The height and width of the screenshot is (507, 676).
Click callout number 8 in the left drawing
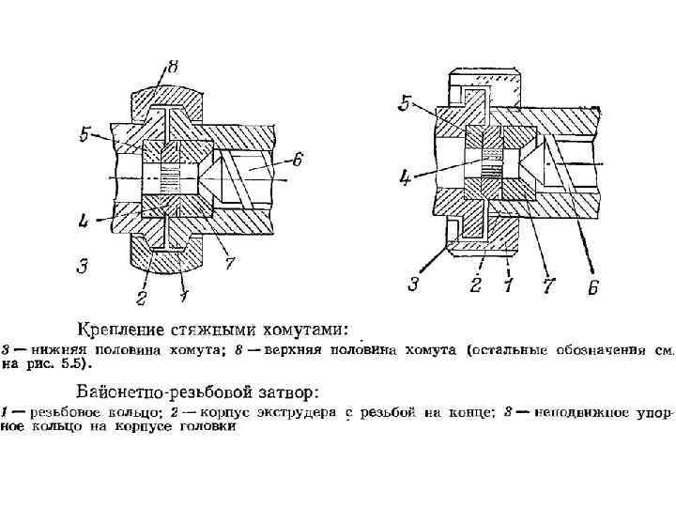pyautogui.click(x=173, y=67)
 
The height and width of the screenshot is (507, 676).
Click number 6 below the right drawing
pyautogui.click(x=592, y=288)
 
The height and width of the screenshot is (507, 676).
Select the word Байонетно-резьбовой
pyautogui.click(x=159, y=389)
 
